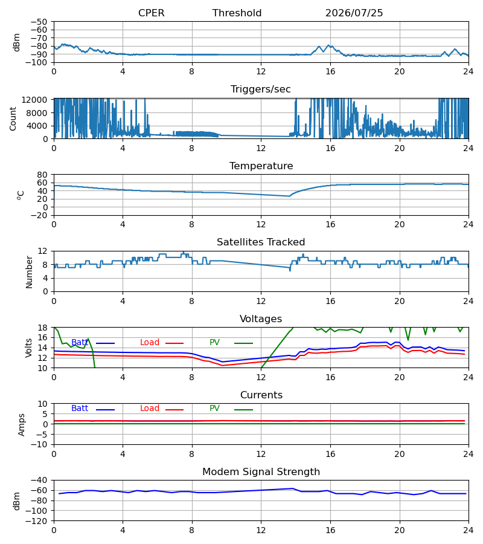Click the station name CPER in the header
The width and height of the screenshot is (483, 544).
pyautogui.click(x=151, y=13)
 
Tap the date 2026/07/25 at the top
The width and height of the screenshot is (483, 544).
pyautogui.click(x=354, y=13)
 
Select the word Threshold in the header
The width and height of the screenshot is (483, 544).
pyautogui.click(x=237, y=13)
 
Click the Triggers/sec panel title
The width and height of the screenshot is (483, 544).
pyautogui.click(x=261, y=89)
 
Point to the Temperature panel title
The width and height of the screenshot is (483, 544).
pyautogui.click(x=261, y=166)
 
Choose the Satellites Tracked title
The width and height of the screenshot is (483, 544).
pyautogui.click(x=261, y=242)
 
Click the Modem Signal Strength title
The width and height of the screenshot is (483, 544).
pyautogui.click(x=261, y=472)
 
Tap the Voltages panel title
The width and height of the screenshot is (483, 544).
pyautogui.click(x=261, y=319)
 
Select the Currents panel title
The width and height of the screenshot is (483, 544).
pyautogui.click(x=261, y=395)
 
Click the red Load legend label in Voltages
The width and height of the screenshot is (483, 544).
pyautogui.click(x=150, y=343)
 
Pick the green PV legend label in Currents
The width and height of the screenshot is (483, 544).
pyautogui.click(x=214, y=409)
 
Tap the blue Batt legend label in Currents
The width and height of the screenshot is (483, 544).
pyautogui.click(x=80, y=409)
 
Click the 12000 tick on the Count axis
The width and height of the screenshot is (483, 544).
pyautogui.click(x=34, y=100)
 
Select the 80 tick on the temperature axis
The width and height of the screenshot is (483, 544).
pyautogui.click(x=43, y=175)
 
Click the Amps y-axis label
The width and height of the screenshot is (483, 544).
pyautogui.click(x=22, y=425)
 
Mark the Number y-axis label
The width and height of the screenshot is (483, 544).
pyautogui.click(x=29, y=273)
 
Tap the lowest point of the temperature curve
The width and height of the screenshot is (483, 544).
pyautogui.click(x=289, y=196)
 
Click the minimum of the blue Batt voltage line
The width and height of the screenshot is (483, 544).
pyautogui.click(x=222, y=362)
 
